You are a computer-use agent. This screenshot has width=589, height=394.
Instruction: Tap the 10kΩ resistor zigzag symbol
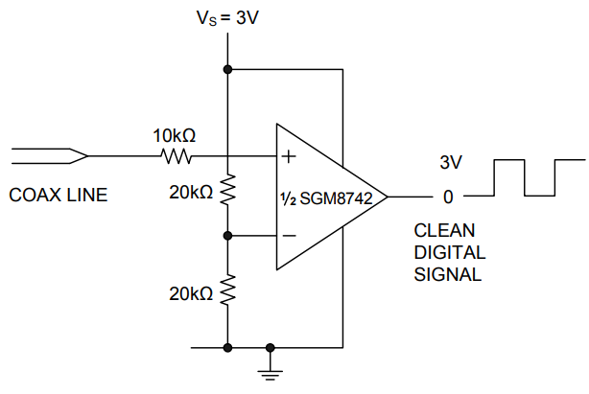(x=177, y=156)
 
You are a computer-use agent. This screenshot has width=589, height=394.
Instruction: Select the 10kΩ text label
(x=175, y=134)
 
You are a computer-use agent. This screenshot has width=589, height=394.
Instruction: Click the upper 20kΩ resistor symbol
(x=227, y=191)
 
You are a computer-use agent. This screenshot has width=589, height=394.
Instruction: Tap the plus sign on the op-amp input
(x=288, y=156)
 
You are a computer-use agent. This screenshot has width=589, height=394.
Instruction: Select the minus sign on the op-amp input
(x=288, y=235)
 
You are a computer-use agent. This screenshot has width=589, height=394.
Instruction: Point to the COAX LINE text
(x=59, y=195)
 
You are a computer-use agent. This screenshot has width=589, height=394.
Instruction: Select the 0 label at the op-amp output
(x=447, y=197)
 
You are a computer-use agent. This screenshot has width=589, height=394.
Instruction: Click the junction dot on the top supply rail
(x=227, y=69)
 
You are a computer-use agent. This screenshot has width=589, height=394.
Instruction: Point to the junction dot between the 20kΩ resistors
(x=227, y=235)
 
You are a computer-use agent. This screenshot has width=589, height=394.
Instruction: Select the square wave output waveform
(x=526, y=177)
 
